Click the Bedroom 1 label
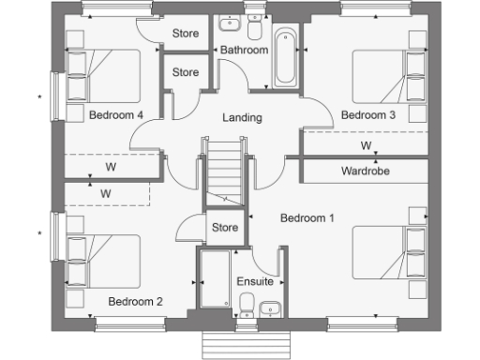point(307,217)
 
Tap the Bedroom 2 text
point(135,301)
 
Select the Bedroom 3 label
point(367,115)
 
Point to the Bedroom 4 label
point(116,115)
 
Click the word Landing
point(241,118)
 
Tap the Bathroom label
point(244,50)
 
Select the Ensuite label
point(255,280)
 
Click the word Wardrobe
point(366,172)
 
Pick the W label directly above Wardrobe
point(366,146)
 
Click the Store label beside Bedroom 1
point(223,227)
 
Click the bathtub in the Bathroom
point(285,58)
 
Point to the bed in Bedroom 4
point(102,76)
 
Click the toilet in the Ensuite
point(246,304)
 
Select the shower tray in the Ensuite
point(215,278)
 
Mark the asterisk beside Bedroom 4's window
point(39,97)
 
